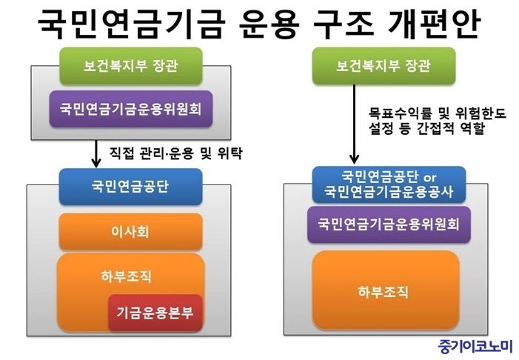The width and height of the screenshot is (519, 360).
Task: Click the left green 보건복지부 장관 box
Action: pyautogui.click(x=131, y=66)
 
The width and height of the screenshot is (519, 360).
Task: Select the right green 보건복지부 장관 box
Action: pyautogui.click(x=384, y=66)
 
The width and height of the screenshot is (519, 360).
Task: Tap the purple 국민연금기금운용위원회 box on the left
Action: pyautogui.click(x=131, y=109)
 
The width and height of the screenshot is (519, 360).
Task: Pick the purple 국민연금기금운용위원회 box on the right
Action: pyautogui.click(x=389, y=224)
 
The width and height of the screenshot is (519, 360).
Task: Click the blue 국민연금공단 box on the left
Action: pyautogui.click(x=131, y=187)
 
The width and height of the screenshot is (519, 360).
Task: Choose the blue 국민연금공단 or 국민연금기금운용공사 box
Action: pyautogui.click(x=389, y=184)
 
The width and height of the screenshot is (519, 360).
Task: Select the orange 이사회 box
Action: pyautogui.click(x=131, y=232)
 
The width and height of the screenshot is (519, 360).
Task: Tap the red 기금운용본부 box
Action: pyautogui.click(x=155, y=313)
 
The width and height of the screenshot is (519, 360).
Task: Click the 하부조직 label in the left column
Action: pyautogui.click(x=127, y=276)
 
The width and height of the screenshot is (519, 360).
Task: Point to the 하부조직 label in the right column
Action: pyautogui.click(x=384, y=292)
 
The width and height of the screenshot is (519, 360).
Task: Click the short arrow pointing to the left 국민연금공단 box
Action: pyautogui.click(x=96, y=153)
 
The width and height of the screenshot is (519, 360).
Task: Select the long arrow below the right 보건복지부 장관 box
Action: pyautogui.click(x=354, y=124)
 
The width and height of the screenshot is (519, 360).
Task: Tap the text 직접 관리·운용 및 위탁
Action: pyautogui.click(x=176, y=153)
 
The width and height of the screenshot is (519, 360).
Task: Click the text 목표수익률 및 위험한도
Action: pyautogui.click(x=438, y=113)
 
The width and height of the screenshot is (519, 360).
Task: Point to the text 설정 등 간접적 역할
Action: pyautogui.click(x=427, y=128)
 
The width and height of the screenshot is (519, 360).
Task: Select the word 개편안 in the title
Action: pyautogui.click(x=435, y=24)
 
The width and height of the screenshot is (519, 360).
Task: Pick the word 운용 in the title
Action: pyautogui.click(x=269, y=24)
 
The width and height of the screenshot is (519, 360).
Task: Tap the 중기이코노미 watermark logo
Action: pyautogui.click(x=475, y=347)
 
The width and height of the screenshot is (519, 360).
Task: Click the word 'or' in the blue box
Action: pyautogui.click(x=429, y=178)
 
